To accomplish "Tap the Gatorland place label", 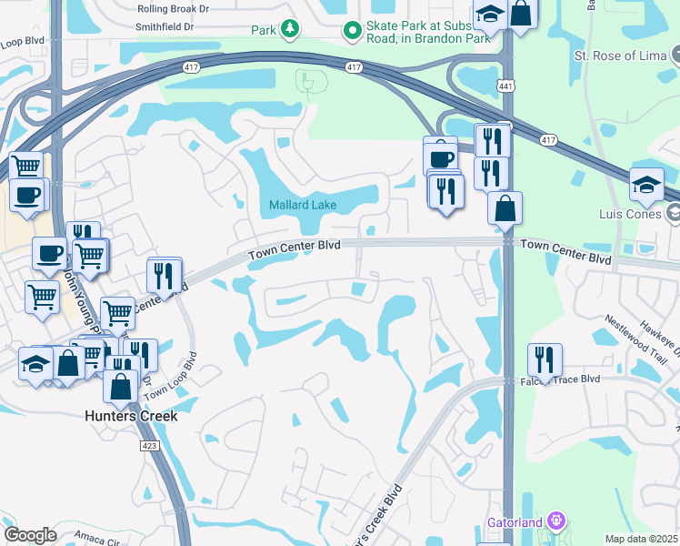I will tap(513, 522).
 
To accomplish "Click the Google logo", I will tap(30, 535).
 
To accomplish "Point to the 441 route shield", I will tap(505, 86).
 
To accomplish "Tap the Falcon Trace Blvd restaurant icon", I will tap(545, 360).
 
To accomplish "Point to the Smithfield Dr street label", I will tap(165, 27).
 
